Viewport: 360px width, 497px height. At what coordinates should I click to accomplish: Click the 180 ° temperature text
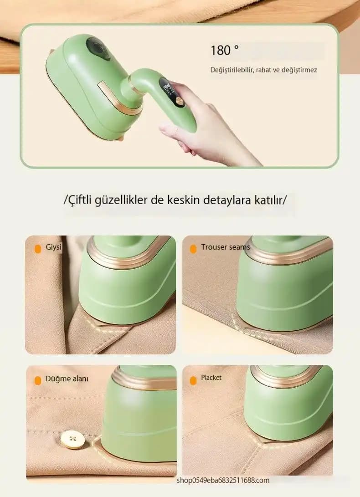point(225,51)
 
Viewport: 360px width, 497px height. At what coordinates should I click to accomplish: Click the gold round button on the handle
point(180,102)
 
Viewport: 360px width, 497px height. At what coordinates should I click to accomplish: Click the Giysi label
point(54,247)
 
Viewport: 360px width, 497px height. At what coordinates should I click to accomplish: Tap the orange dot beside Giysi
point(38,249)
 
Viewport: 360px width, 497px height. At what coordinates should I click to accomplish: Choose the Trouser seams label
point(226,247)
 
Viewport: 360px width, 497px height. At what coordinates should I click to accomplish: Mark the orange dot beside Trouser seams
point(193,249)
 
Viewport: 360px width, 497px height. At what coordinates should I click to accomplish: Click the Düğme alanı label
point(67,379)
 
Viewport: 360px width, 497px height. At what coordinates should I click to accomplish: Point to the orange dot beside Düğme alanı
point(38,381)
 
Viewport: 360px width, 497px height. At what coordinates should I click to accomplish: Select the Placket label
point(211,378)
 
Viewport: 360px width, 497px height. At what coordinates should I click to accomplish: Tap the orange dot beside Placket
point(193,380)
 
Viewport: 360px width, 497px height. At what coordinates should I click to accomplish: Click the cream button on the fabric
point(73,439)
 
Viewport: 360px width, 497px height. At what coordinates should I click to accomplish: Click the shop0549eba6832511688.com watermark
point(223,480)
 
